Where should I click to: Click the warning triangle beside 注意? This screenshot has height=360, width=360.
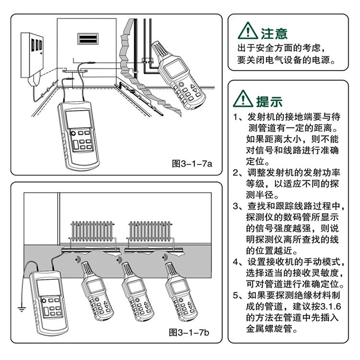click(x=248, y=32)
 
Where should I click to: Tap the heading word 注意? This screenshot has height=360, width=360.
click(x=274, y=33)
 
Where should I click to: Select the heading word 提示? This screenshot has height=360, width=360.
click(x=270, y=101)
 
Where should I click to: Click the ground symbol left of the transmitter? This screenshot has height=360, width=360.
click(x=21, y=308)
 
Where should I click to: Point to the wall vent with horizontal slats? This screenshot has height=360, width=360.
click(x=89, y=39)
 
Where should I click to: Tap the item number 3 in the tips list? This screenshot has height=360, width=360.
click(x=236, y=206)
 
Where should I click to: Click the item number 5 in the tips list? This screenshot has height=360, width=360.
click(x=236, y=295)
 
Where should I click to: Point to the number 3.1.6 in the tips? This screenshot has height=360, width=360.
click(x=327, y=306)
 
